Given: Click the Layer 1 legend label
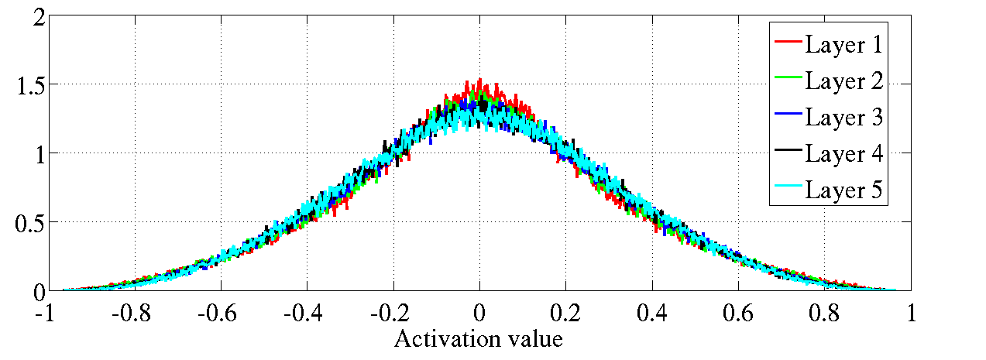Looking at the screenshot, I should coord(844,44).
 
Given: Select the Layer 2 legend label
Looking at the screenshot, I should coord(844,81).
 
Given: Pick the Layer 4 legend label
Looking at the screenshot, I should coord(844,153).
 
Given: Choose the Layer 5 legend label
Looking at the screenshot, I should coord(844,190).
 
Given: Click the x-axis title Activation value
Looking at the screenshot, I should coord(478,339).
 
